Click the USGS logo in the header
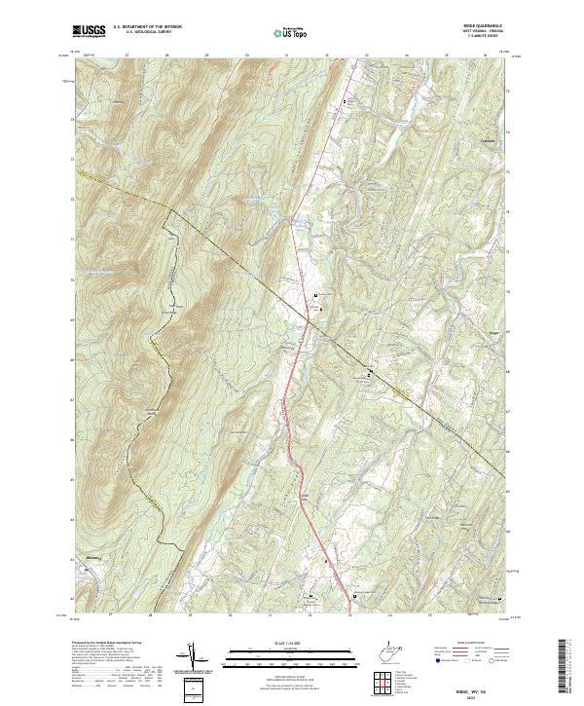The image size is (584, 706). click(x=90, y=31)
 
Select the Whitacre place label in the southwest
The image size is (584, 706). click(x=94, y=558)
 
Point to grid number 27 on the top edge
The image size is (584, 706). click(x=128, y=56)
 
